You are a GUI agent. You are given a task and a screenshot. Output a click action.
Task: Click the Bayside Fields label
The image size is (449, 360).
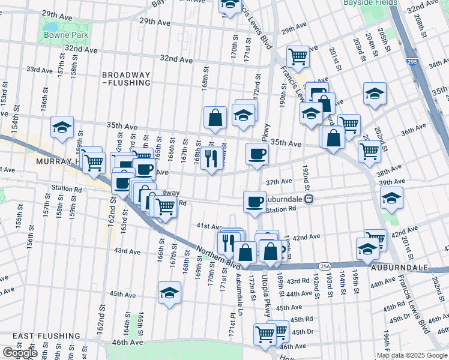tap(370, 3)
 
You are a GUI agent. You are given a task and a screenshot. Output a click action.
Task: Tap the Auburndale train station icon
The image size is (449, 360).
tap(308, 199)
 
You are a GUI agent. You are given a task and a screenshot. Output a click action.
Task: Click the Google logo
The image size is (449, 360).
tap(19, 353)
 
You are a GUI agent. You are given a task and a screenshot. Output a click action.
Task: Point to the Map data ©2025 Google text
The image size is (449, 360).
tap(412, 355)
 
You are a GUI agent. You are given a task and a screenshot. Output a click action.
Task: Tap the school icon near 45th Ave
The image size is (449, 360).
tap(169, 293)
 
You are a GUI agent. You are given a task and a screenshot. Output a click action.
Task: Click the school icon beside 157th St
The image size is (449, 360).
tap(62, 127)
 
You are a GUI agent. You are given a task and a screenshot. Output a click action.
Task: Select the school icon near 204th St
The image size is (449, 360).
tap(375, 93)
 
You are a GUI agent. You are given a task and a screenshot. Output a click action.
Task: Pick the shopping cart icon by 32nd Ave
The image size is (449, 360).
tap(298, 56)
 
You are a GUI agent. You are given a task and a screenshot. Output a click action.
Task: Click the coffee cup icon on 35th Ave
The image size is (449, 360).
tap(257, 154)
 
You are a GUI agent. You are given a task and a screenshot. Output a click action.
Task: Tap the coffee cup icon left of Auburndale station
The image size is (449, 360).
tap(255, 200)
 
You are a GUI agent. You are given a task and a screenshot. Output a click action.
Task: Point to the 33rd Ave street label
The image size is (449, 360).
tap(37, 69)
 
